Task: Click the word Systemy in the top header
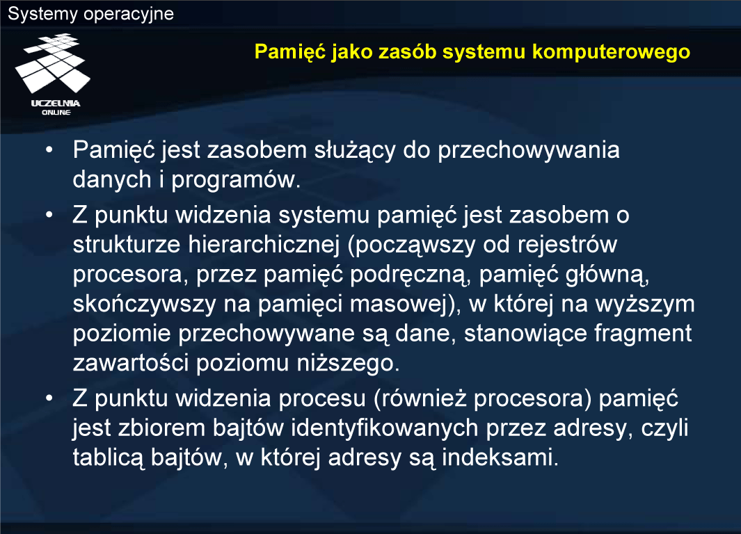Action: pos(42,14)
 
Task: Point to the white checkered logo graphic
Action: pos(52,63)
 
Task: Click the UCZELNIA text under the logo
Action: pos(56,104)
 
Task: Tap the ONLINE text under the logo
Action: pos(56,113)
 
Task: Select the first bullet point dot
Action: pos(49,150)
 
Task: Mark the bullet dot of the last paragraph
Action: pos(49,398)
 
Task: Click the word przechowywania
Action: pos(528,151)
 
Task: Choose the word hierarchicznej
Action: pos(264,245)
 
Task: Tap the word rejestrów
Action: pos(567,245)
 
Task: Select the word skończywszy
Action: pos(145,305)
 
